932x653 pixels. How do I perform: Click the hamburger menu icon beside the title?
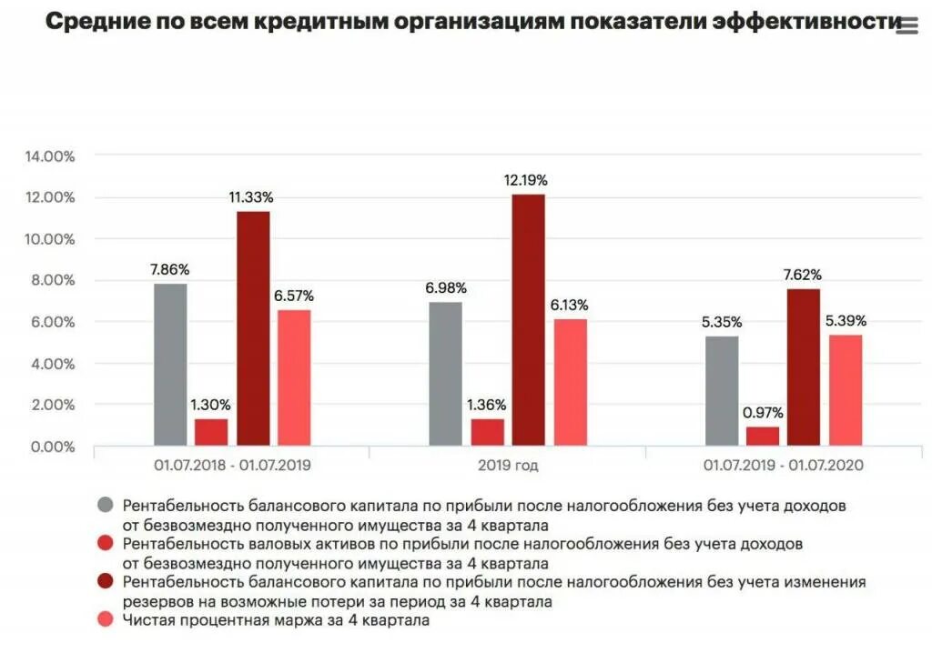[x=907, y=26]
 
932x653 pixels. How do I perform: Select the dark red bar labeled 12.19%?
[x=528, y=318]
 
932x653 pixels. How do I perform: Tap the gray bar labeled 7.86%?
[x=170, y=364]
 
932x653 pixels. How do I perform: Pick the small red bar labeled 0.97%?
[x=763, y=436]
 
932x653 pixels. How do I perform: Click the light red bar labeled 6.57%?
[x=294, y=377]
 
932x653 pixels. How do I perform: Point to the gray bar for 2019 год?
[x=445, y=374]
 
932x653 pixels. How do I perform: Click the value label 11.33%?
[x=250, y=196]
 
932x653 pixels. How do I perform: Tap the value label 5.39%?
[x=846, y=321]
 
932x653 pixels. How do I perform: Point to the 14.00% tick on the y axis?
[x=51, y=156]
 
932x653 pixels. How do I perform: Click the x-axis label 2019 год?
[x=506, y=466]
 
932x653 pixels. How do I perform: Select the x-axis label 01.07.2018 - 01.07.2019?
[x=231, y=466]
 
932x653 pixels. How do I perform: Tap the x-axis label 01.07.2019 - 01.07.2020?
[x=782, y=466]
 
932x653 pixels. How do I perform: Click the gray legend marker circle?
[x=106, y=506]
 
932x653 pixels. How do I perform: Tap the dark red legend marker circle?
[x=106, y=583]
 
